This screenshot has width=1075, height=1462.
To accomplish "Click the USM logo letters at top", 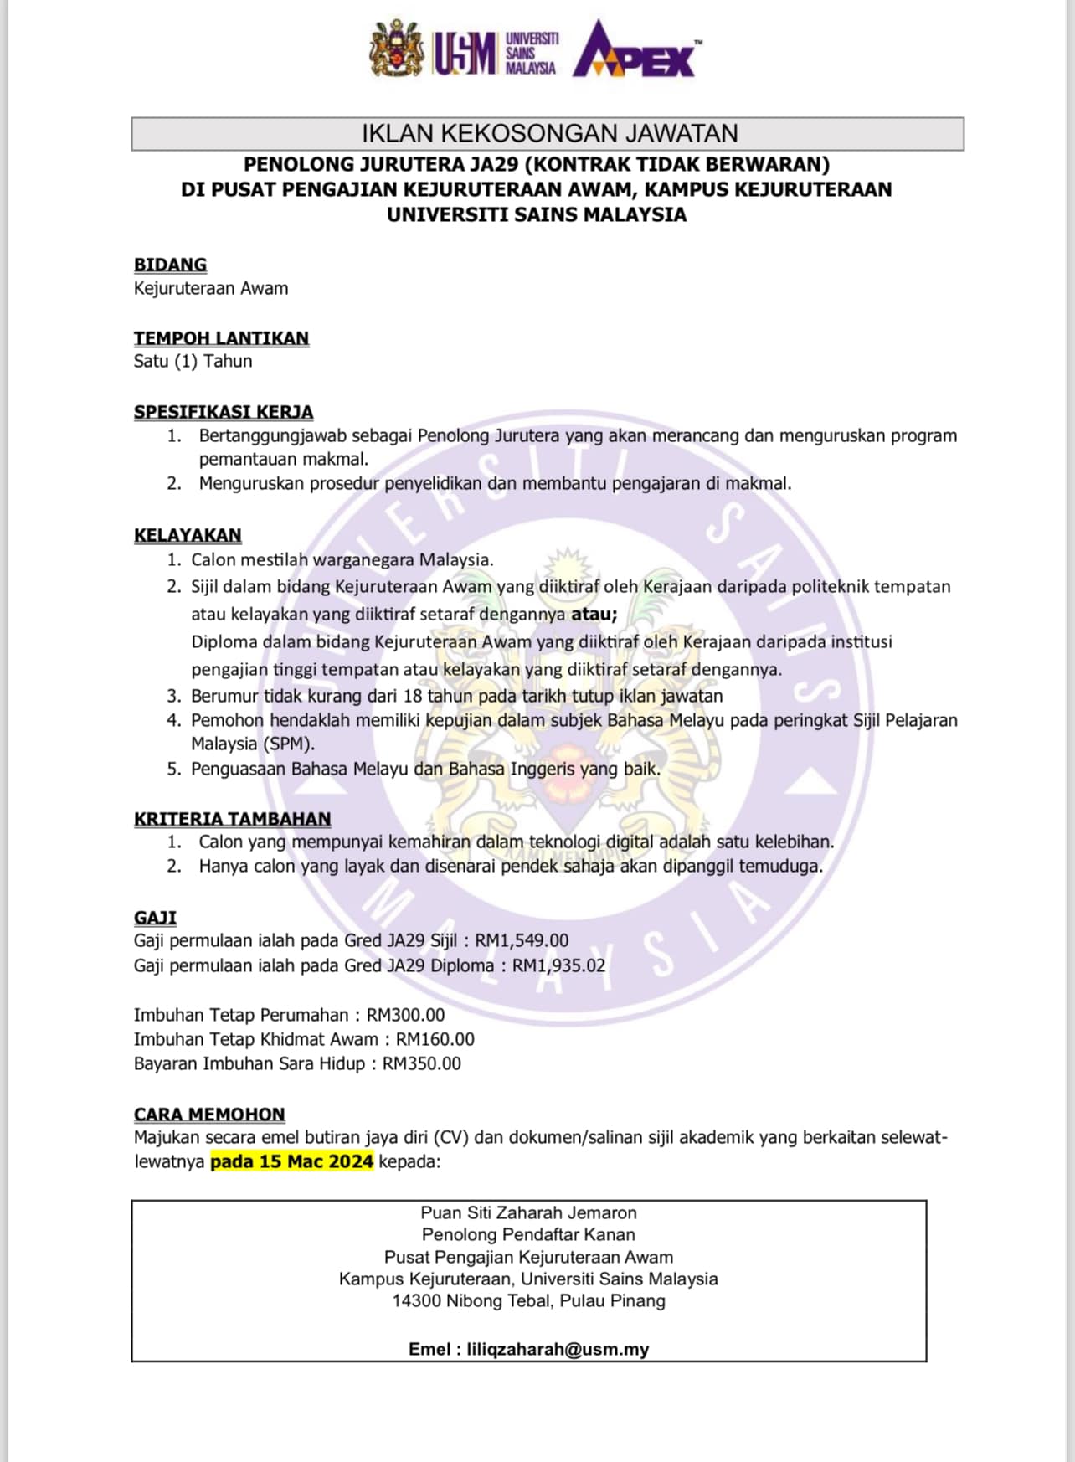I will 465,53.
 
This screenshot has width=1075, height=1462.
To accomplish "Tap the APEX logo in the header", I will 636,52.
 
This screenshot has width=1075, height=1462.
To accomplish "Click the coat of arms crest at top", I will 397,49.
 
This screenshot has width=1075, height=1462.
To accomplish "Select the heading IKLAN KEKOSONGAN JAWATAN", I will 548,134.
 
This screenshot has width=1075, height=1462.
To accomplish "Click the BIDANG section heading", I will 170,265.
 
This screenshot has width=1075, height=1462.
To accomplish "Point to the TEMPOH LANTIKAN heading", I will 221,338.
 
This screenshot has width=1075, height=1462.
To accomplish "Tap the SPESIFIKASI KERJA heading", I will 224,412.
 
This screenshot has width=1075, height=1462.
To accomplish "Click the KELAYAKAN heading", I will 188,535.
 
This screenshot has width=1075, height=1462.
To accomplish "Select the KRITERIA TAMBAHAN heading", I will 232,819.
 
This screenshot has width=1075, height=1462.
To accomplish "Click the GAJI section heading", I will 155,918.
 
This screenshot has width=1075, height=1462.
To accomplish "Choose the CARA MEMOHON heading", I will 209,1115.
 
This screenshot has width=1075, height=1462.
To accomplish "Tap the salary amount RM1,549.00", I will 522,941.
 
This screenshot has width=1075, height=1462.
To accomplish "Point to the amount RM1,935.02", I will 558,966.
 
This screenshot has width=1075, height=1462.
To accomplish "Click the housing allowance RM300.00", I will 406,1016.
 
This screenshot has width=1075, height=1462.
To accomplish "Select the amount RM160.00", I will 435,1040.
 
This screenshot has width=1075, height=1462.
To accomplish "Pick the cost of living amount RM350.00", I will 422,1064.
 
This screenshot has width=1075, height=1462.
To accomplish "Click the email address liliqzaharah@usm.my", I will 558,1349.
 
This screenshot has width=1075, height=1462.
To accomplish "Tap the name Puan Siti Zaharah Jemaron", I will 528,1212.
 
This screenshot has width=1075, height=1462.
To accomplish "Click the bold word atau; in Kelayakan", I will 594,615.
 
